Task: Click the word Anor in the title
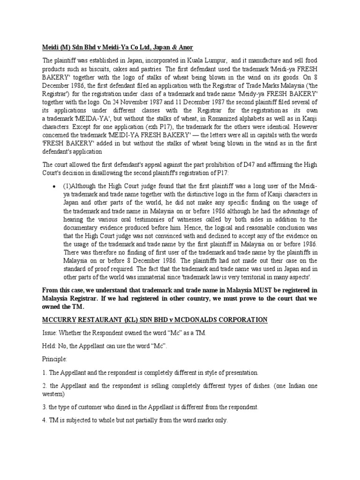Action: (x=184, y=48)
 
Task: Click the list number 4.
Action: (x=45, y=420)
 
